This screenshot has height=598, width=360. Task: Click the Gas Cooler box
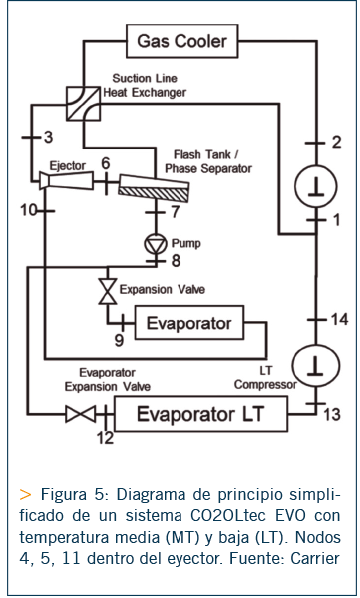182,41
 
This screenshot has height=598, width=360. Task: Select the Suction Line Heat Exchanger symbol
83,104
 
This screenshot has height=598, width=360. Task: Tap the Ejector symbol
66,180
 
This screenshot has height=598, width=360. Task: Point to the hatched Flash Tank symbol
154,189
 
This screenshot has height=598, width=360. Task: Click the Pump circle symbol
156,244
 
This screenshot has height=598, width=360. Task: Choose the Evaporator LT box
200,414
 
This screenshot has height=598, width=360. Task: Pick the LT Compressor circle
315,366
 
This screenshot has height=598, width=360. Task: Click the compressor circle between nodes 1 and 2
316,187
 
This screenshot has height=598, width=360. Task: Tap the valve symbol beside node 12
80,415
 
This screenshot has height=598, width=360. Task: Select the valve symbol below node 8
108,291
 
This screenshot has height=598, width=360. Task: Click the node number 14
339,319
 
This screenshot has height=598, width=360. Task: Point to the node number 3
48,137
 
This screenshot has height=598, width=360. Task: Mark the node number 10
29,210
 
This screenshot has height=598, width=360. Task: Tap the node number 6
106,163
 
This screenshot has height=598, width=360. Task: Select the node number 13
332,415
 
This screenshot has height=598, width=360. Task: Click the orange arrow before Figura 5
25,495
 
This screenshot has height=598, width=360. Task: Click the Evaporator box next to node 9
188,323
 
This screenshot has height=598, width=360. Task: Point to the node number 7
176,212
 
